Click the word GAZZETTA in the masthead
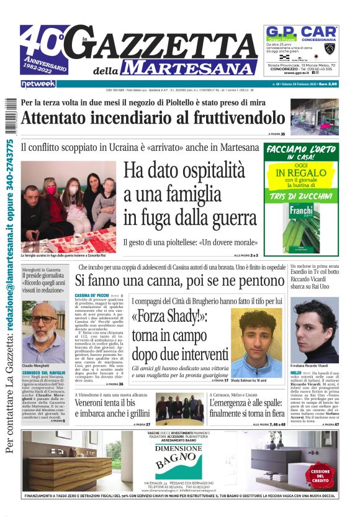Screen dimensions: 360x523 [168, 44]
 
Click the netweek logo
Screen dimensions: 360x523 [38, 83]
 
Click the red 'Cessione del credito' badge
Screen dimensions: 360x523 [321, 474]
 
